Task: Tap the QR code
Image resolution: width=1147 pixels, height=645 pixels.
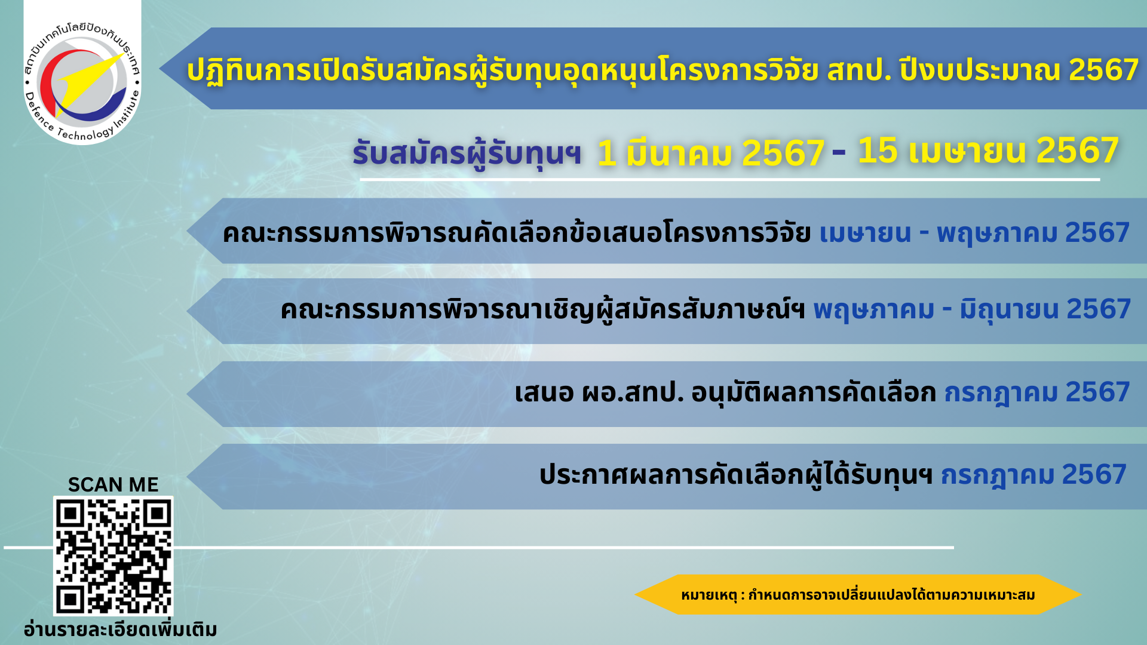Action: tap(114, 556)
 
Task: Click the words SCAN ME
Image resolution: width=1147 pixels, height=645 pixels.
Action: tap(114, 484)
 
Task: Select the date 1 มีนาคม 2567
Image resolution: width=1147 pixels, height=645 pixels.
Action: tap(711, 153)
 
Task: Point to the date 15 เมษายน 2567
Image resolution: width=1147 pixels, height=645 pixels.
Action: tap(988, 150)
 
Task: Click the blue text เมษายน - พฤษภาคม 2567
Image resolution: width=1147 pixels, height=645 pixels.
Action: tap(974, 233)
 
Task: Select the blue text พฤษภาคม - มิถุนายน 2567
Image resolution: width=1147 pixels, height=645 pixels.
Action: tap(972, 310)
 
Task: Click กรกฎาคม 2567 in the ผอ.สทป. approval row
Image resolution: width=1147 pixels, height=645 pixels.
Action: tap(1037, 393)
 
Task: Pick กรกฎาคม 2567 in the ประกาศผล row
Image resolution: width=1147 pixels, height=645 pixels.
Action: tap(1034, 475)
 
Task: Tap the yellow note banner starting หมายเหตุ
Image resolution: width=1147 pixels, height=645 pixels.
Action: tap(858, 595)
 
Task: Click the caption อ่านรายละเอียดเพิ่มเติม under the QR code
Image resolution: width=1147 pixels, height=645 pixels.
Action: tap(120, 629)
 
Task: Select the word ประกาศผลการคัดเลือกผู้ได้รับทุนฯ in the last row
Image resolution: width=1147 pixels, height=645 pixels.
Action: tap(736, 475)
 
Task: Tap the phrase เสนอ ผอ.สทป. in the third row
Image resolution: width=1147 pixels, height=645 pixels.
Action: tap(599, 393)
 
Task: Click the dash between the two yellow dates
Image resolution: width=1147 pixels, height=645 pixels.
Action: tap(839, 153)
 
